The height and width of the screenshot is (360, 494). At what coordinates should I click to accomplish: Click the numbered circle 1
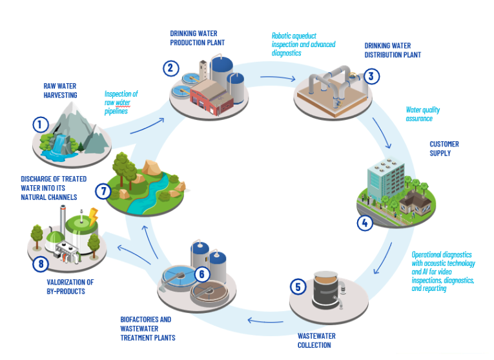tap(41, 123)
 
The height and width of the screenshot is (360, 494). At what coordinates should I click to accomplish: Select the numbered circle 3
tap(370, 76)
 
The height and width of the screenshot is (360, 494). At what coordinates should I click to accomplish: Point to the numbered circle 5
tap(298, 286)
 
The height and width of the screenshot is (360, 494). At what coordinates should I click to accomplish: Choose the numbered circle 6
tap(201, 274)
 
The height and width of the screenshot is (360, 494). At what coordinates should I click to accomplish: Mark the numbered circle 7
tap(103, 191)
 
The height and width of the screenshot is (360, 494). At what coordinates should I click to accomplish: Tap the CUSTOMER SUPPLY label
tap(444, 148)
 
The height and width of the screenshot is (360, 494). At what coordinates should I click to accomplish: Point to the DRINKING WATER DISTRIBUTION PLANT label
tap(392, 50)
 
